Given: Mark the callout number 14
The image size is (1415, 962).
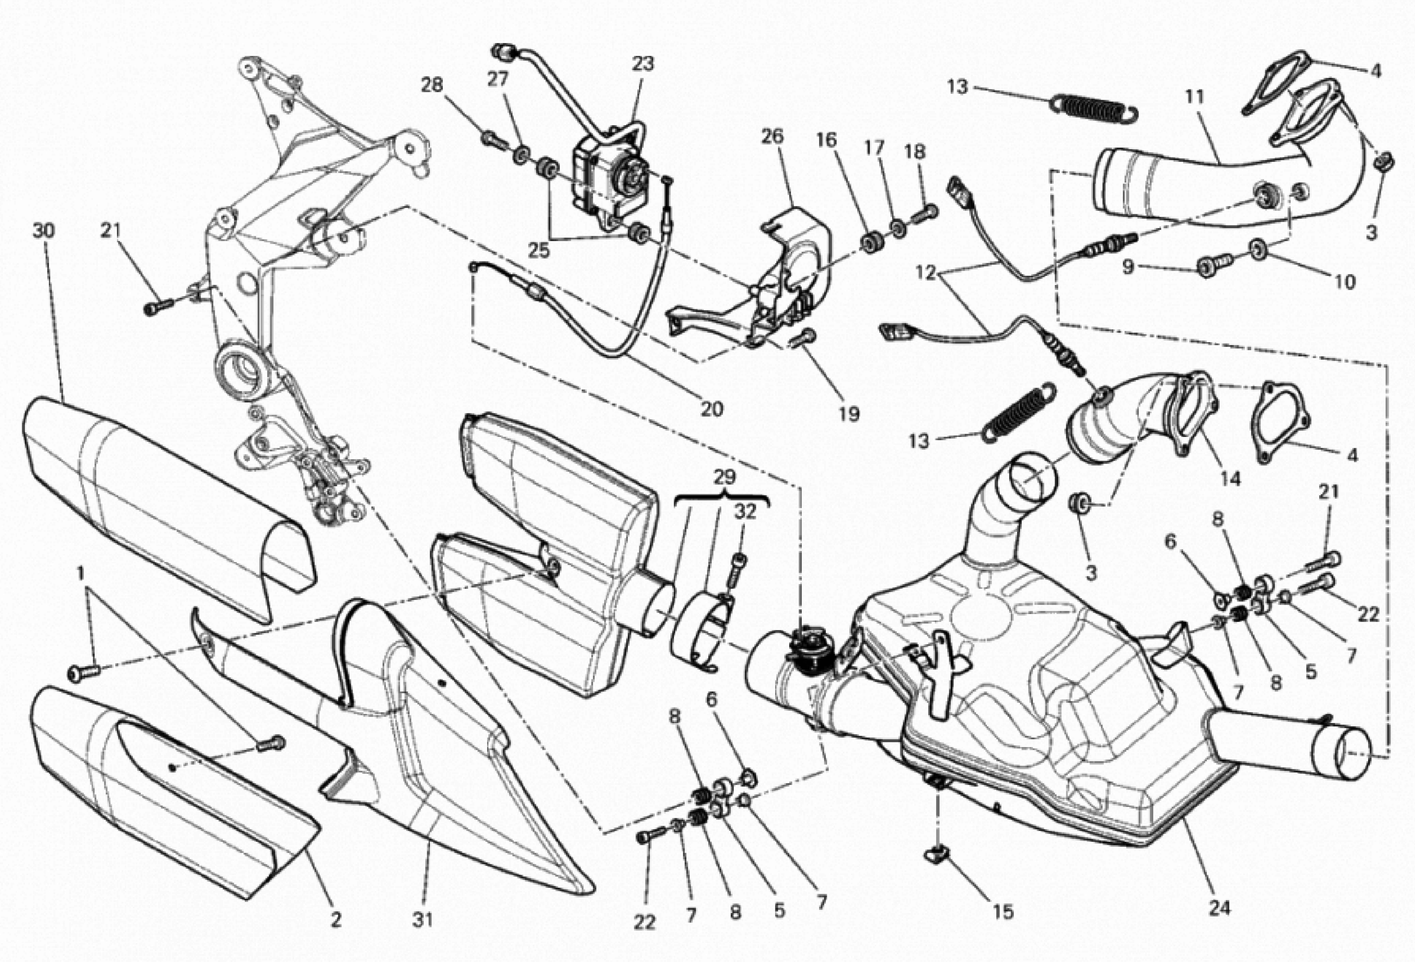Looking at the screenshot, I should click(1230, 479).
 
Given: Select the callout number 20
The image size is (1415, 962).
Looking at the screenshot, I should click(711, 409).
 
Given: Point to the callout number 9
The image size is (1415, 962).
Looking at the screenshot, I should click(1128, 267).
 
